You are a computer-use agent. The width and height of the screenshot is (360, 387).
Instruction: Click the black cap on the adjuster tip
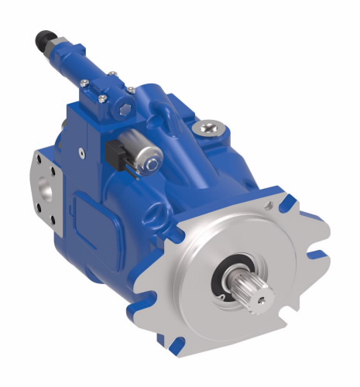pyautogui.click(x=42, y=36)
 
